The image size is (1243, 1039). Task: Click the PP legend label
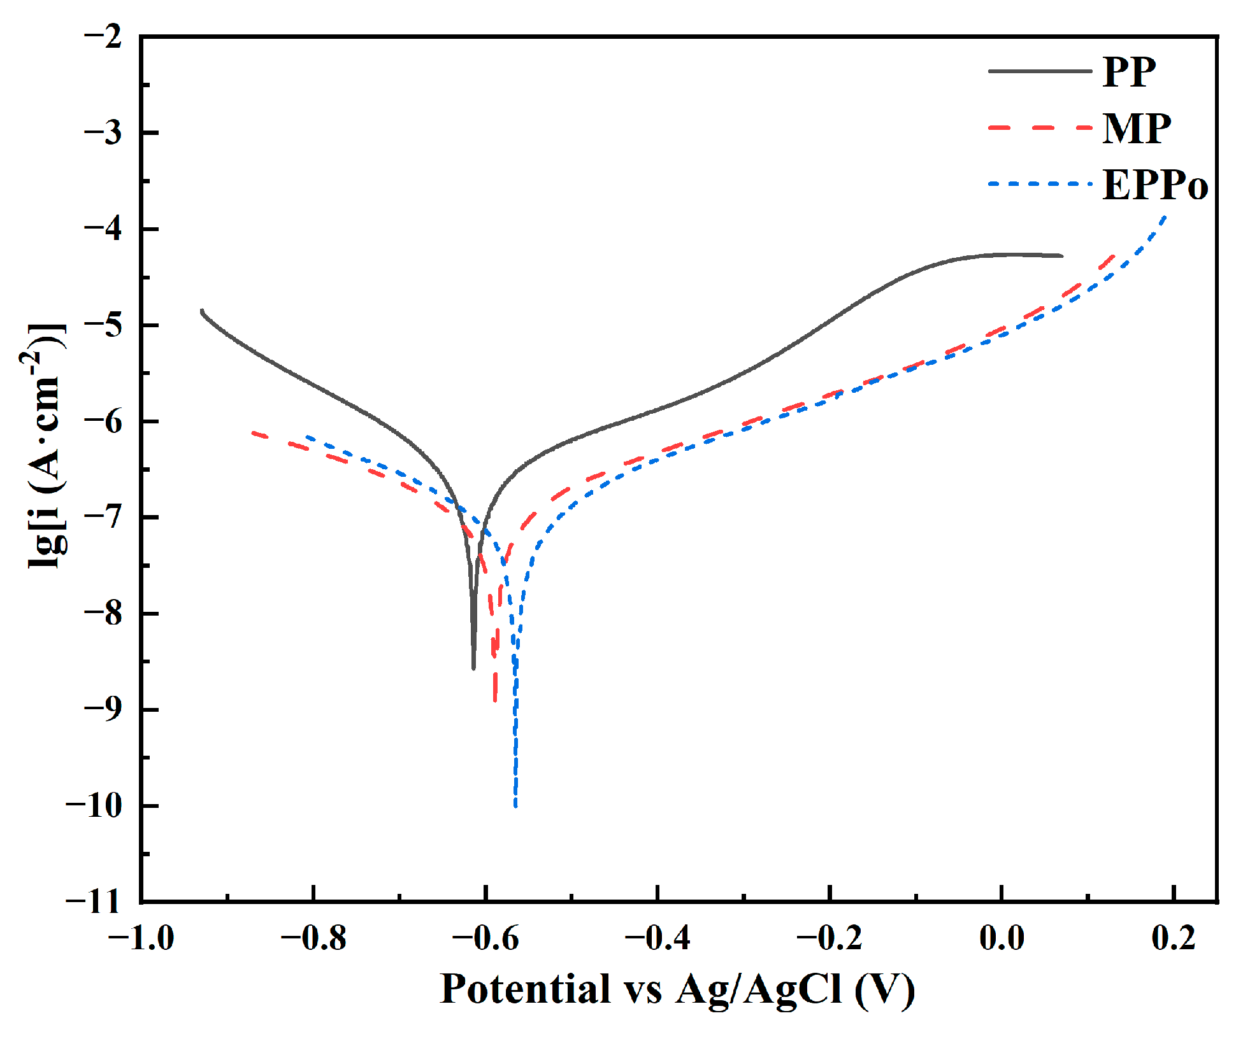click(1129, 72)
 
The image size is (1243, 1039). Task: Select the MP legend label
click(1137, 129)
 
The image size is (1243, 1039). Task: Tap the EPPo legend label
click(1154, 185)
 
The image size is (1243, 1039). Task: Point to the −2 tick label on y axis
click(103, 36)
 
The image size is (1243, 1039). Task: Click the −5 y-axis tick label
click(103, 325)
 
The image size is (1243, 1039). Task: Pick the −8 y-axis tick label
click(103, 613)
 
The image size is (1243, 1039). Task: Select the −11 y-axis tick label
click(94, 901)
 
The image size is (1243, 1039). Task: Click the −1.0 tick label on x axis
click(141, 938)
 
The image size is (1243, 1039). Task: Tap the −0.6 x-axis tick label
click(485, 938)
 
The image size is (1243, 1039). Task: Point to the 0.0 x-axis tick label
click(1002, 938)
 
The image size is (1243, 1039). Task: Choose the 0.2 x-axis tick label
click(1174, 938)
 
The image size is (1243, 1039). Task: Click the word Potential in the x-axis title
click(525, 989)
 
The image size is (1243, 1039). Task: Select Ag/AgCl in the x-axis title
click(759, 989)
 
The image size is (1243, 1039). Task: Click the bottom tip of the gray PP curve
click(473, 668)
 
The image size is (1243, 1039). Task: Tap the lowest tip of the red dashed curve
click(495, 700)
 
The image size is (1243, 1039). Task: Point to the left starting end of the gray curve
click(202, 311)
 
